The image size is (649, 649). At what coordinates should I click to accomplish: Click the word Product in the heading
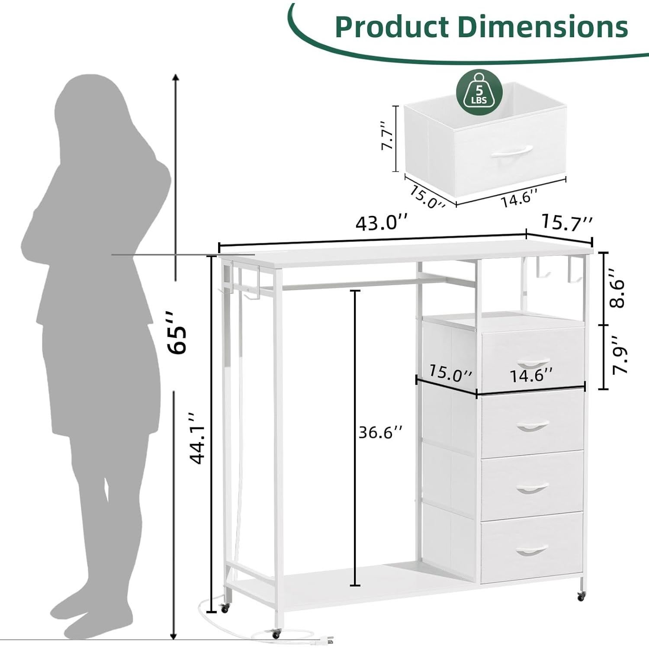click(x=392, y=27)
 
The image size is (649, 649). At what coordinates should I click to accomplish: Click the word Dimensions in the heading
click(x=543, y=27)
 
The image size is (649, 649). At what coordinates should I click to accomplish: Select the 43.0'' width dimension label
click(x=381, y=223)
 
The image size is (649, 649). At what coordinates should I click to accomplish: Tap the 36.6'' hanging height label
click(x=380, y=432)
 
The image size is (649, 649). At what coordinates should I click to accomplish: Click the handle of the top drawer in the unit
click(x=533, y=362)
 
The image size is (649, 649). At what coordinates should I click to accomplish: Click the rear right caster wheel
click(x=580, y=596)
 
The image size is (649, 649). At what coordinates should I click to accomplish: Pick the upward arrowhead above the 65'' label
click(x=175, y=77)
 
